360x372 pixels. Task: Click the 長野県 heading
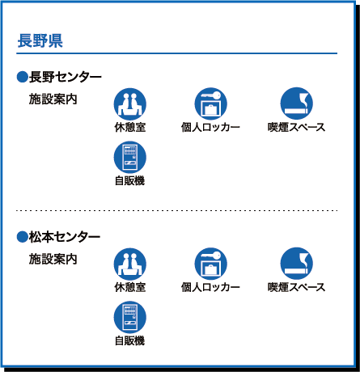pyautogui.click(x=40, y=41)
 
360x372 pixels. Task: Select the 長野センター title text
pyautogui.click(x=66, y=77)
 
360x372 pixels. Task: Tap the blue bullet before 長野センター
pyautogui.click(x=23, y=77)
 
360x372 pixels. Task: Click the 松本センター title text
pyautogui.click(x=65, y=237)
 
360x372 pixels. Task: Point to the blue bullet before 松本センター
pyautogui.click(x=23, y=237)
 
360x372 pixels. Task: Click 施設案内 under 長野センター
pyautogui.click(x=53, y=99)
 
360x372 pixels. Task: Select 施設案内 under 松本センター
pyautogui.click(x=53, y=259)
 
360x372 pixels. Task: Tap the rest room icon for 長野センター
pyautogui.click(x=130, y=104)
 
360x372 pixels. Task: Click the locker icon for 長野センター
pyautogui.click(x=210, y=104)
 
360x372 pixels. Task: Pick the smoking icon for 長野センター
pyautogui.click(x=297, y=104)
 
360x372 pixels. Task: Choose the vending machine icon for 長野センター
pyautogui.click(x=130, y=158)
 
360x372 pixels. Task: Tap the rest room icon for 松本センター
pyautogui.click(x=130, y=264)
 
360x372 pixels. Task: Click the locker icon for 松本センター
pyautogui.click(x=210, y=264)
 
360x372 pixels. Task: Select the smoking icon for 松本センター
pyautogui.click(x=297, y=264)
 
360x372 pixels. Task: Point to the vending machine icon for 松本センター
pyautogui.click(x=130, y=318)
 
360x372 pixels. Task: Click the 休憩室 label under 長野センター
pyautogui.click(x=130, y=127)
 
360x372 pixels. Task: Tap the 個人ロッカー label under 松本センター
pyautogui.click(x=210, y=287)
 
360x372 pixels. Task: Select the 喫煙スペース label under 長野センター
pyautogui.click(x=297, y=127)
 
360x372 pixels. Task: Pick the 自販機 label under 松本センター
pyautogui.click(x=130, y=340)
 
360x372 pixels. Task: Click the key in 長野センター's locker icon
pyautogui.click(x=211, y=95)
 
